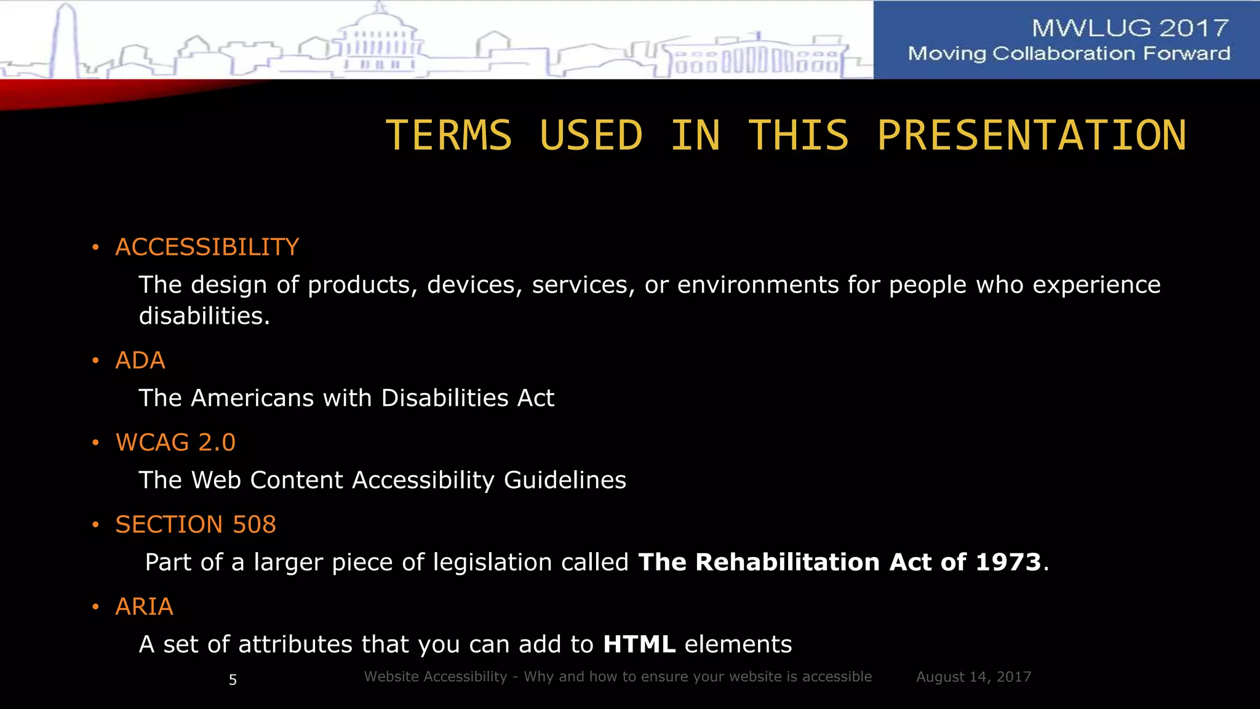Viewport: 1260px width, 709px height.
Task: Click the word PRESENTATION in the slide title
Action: point(1032,135)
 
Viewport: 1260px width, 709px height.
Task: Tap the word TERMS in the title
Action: point(449,135)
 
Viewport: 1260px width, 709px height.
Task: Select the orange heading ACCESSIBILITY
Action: point(207,247)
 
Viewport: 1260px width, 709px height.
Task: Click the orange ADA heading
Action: point(140,361)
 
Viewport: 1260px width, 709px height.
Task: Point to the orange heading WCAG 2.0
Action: point(175,443)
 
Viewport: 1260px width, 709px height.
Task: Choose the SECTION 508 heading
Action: point(196,524)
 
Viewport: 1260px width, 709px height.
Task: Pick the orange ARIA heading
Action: point(144,607)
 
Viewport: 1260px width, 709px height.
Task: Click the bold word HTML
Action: point(639,644)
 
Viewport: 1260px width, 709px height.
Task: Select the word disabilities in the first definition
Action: point(204,316)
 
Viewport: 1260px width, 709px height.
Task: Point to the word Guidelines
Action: point(565,480)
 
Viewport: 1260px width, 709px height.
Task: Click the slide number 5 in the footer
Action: point(233,679)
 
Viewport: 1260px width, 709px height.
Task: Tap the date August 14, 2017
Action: point(973,677)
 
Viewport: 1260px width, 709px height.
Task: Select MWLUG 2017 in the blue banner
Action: point(1130,28)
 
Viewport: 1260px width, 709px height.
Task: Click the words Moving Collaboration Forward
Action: point(1069,54)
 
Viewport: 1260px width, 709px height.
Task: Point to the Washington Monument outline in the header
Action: point(66,40)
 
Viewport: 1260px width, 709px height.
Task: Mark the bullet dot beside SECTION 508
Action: point(95,525)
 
